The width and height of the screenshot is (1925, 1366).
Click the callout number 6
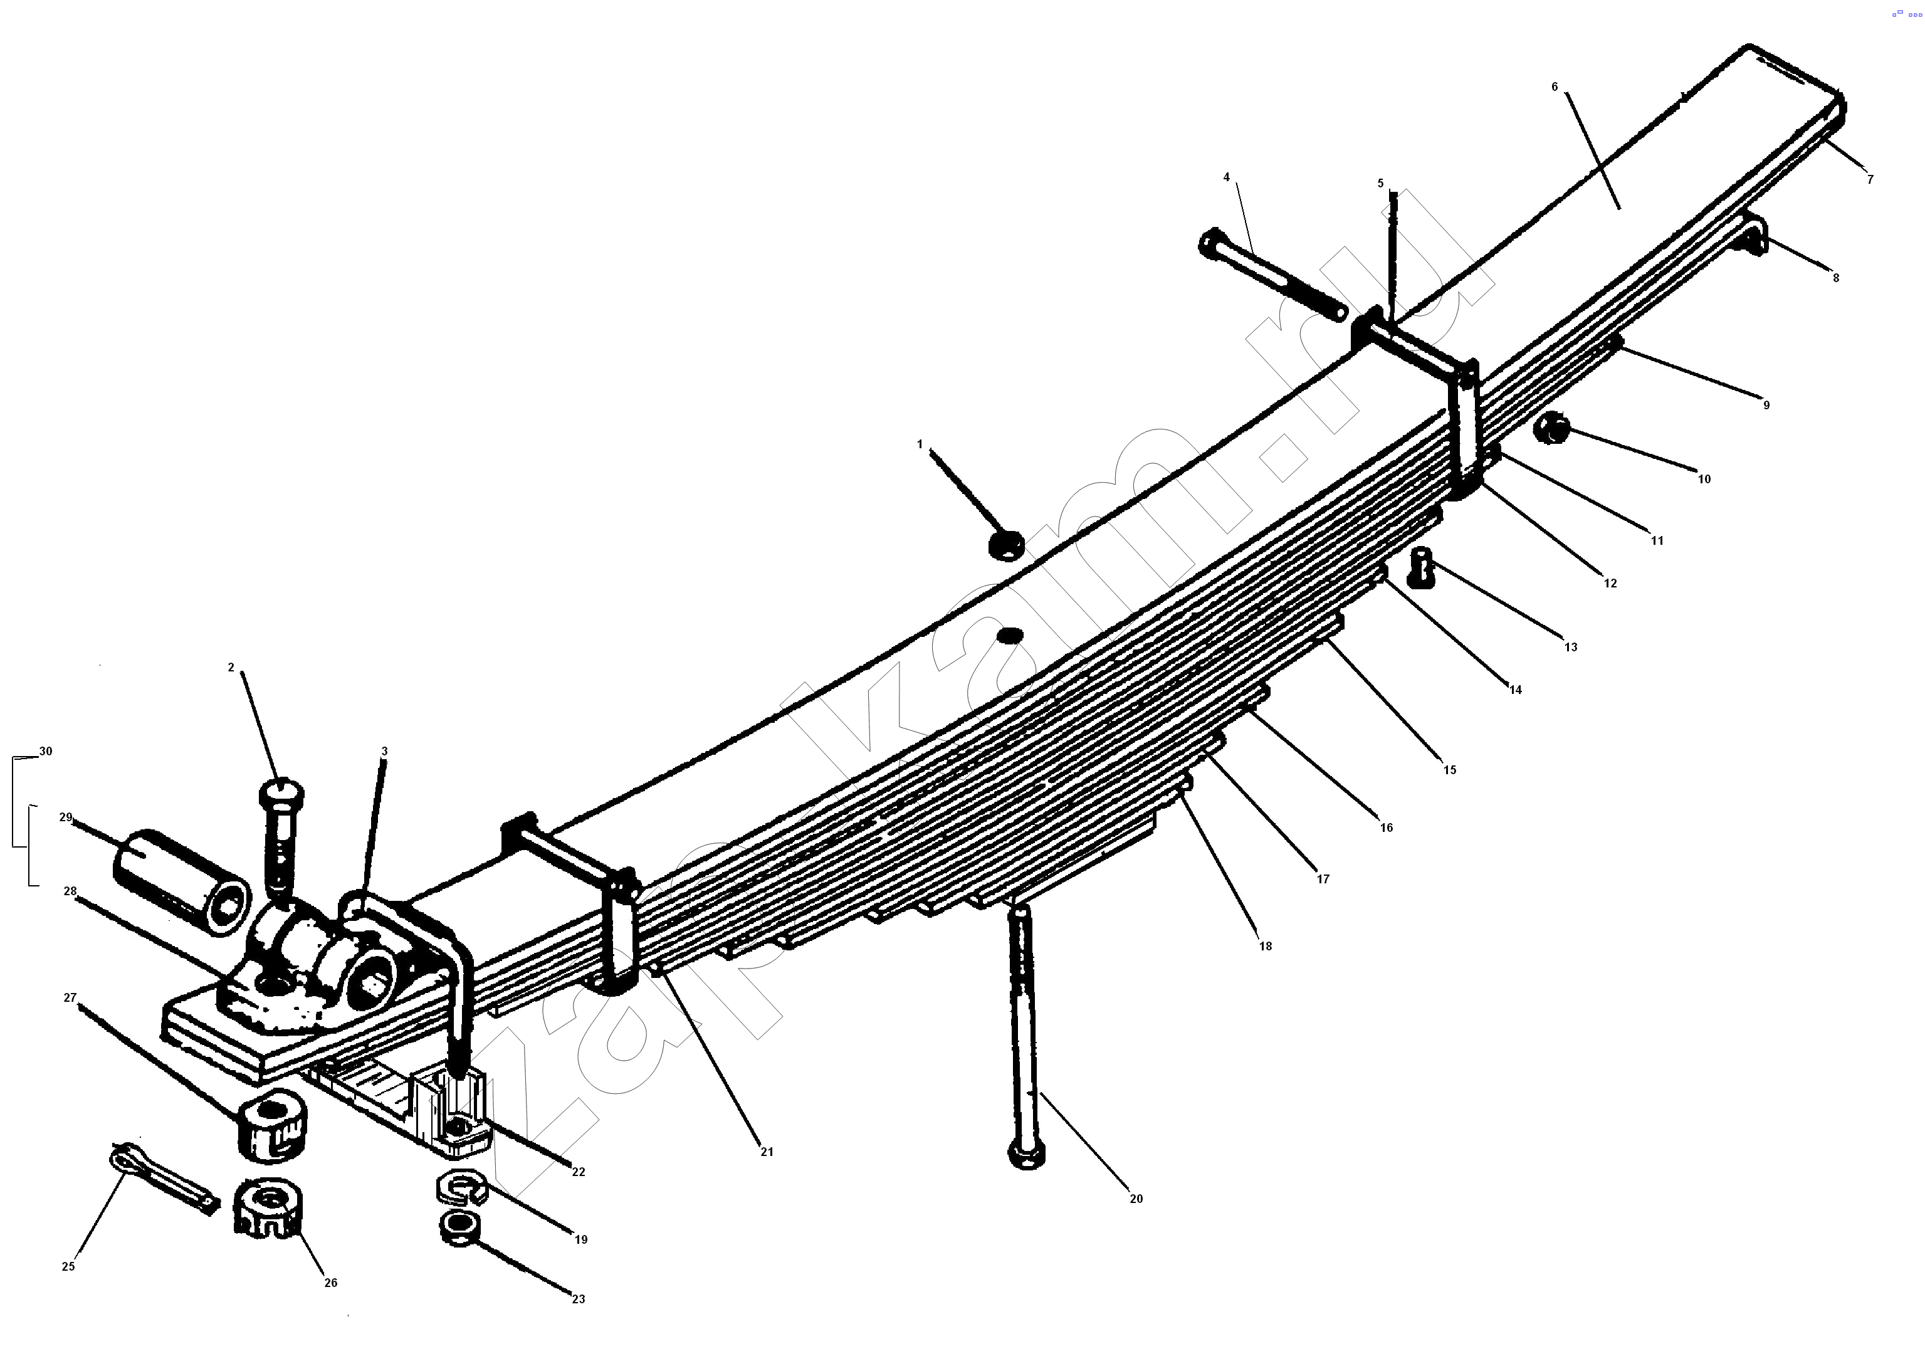point(1554,87)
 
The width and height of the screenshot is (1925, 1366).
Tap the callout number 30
point(45,751)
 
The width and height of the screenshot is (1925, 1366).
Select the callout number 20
point(1136,1199)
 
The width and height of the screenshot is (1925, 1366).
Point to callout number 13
point(1571,647)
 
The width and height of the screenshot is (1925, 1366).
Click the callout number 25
point(68,1266)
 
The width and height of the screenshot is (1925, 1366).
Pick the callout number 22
point(579,1172)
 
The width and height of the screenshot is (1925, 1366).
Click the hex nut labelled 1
point(1006,544)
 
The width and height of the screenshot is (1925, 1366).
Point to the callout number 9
point(1766,404)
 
